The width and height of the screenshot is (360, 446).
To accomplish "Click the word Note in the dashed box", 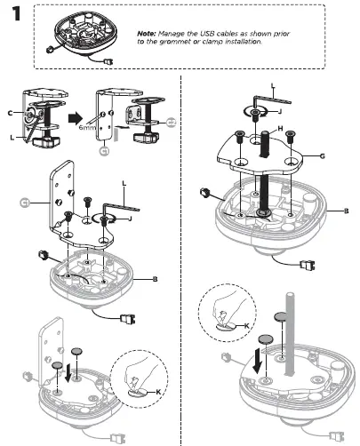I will point(148,33).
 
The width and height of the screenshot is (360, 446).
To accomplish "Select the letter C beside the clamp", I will point(10,115).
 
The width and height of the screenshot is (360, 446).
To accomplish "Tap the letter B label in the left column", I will point(155,280).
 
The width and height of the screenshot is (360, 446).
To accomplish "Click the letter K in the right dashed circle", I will point(246,329).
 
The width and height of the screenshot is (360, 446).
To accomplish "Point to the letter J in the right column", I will point(282,112).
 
